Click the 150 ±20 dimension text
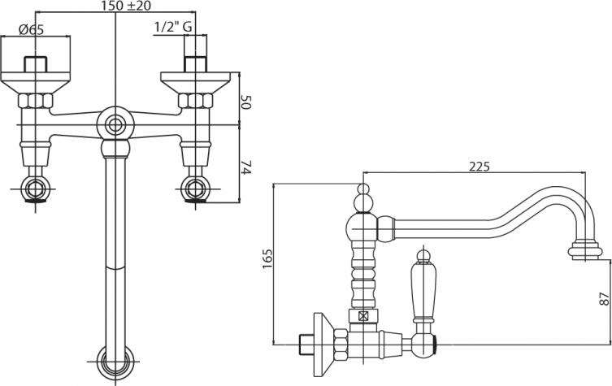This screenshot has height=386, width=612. (x=126, y=6)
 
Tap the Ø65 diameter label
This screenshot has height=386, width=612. (x=31, y=30)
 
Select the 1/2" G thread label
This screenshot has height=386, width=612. (x=173, y=27)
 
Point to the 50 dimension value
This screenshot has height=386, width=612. (x=246, y=102)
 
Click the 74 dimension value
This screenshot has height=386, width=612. (x=246, y=167)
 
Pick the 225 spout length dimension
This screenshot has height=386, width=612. (x=479, y=167)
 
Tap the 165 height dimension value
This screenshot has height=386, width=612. (x=267, y=258)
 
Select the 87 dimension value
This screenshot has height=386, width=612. (x=604, y=298)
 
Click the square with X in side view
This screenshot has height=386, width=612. (x=363, y=316)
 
